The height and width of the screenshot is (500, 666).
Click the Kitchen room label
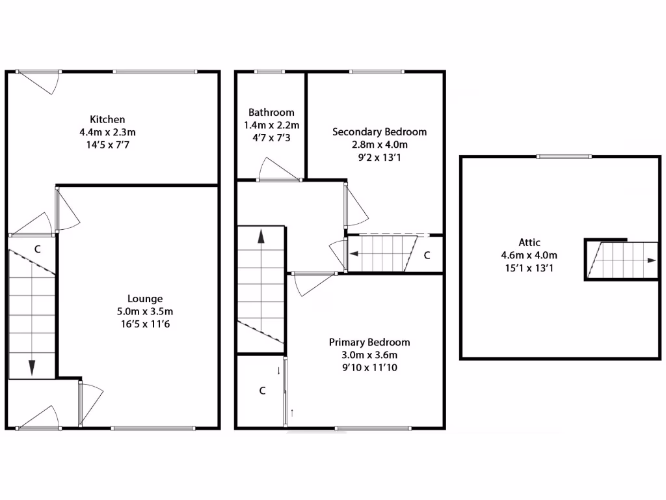point(107,119)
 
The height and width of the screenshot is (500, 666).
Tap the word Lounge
point(145,299)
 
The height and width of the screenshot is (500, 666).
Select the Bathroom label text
point(271,112)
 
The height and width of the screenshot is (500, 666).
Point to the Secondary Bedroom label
point(379,132)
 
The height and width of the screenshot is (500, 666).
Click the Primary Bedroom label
point(369,342)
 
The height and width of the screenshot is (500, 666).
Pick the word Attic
point(529,242)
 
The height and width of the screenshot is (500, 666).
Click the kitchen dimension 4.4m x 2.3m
point(107,132)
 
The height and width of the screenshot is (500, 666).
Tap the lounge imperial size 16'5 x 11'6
point(145,324)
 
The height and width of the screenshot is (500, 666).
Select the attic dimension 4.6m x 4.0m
point(529,255)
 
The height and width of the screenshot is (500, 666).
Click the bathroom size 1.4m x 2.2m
point(271,125)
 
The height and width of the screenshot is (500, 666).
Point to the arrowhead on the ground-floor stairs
point(31,368)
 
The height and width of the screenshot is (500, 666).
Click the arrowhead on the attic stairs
point(651,260)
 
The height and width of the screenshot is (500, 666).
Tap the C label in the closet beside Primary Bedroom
point(262,391)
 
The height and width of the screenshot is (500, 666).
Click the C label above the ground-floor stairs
point(38,249)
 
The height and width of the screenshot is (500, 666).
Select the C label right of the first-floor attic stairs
point(427,255)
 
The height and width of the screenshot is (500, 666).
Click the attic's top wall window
point(564,156)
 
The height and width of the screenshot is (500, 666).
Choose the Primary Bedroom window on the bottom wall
point(373,428)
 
